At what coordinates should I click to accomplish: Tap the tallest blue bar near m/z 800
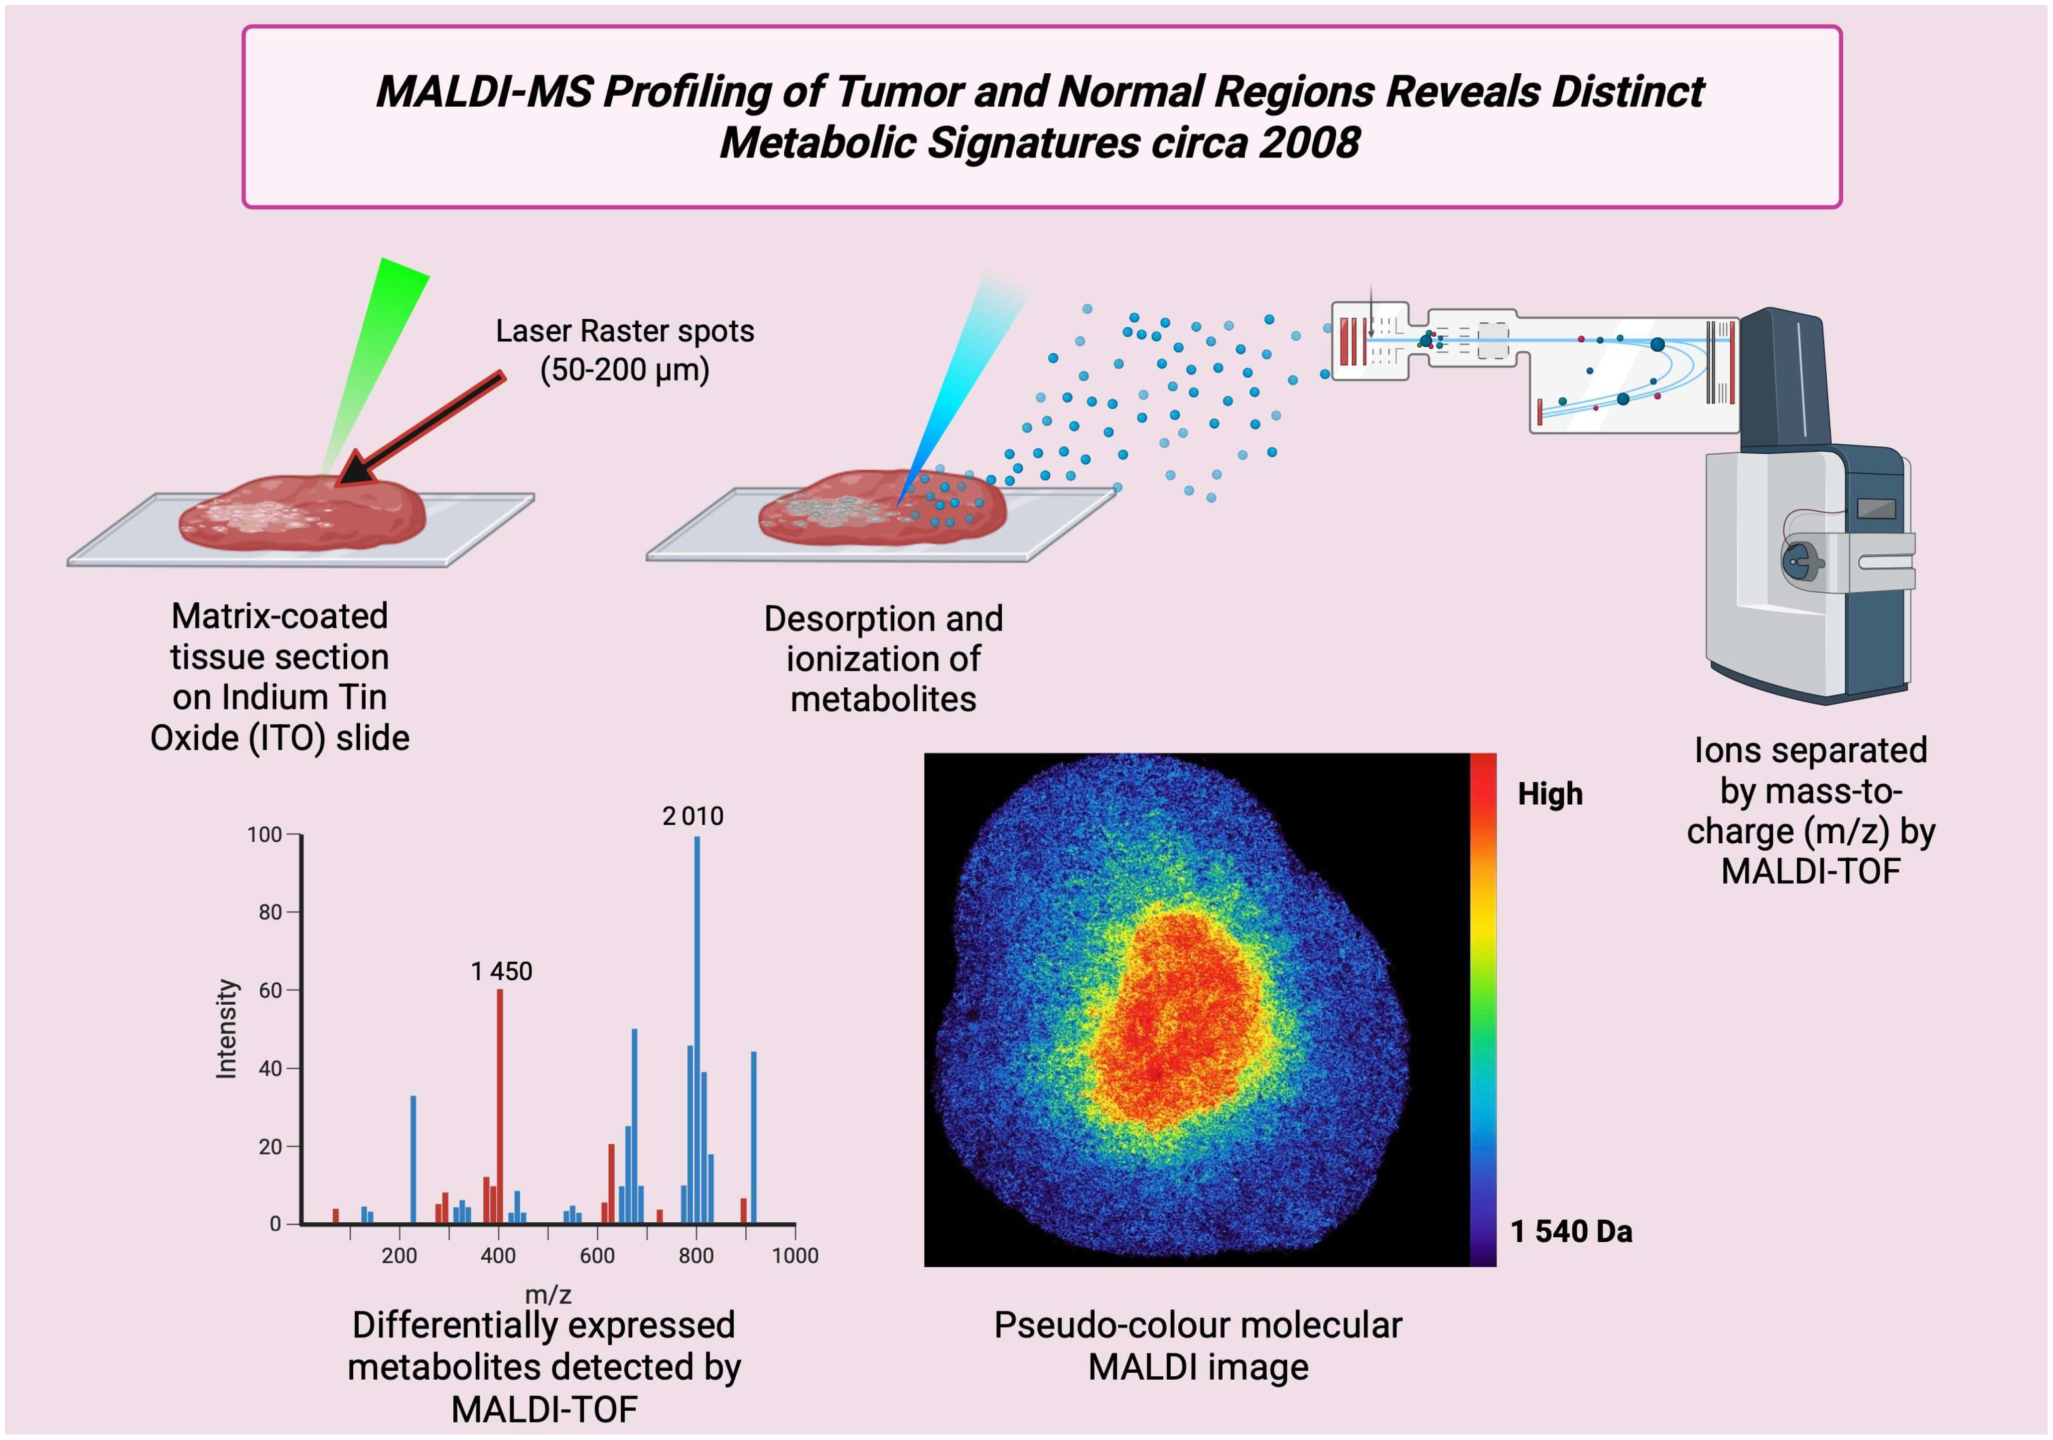point(696,1028)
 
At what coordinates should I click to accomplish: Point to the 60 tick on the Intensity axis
point(270,990)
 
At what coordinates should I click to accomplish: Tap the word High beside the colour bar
point(1549,794)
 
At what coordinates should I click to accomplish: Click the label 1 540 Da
point(1571,1232)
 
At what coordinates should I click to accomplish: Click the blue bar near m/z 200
point(412,1160)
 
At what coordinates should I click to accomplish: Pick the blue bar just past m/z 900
point(753,1137)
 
